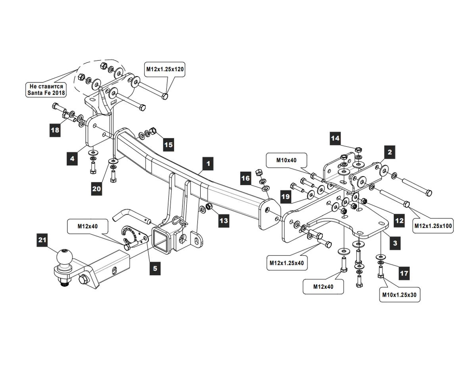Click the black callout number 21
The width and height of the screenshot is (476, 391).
(42, 240)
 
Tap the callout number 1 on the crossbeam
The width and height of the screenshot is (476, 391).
(207, 163)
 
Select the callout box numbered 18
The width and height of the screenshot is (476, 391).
(55, 130)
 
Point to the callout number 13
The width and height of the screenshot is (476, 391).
(224, 220)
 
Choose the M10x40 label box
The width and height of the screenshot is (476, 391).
(286, 161)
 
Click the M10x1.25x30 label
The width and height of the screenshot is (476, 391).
(400, 295)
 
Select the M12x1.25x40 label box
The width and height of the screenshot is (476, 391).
(286, 263)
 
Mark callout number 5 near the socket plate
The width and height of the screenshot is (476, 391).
(155, 268)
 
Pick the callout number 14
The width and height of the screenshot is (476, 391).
(335, 138)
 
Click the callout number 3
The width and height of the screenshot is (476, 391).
(395, 243)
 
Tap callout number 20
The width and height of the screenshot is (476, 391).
(97, 189)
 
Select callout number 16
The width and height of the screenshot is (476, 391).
(246, 178)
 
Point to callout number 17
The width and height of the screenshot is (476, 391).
(403, 273)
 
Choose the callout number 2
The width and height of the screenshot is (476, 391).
(390, 152)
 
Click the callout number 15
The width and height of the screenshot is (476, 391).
(169, 145)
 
